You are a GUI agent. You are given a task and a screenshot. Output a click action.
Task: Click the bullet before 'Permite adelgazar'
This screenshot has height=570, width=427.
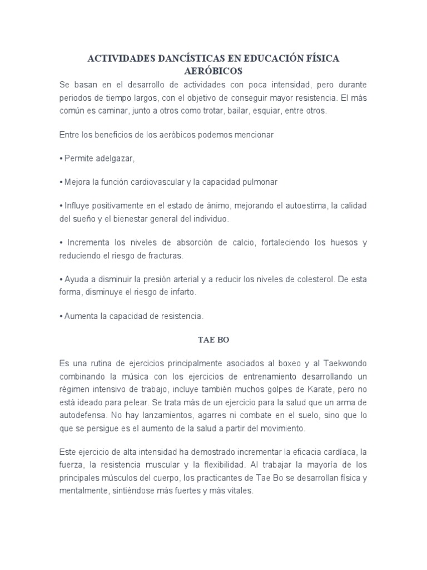60,159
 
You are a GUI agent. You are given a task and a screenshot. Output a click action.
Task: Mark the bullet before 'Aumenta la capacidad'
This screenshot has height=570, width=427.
60,316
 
